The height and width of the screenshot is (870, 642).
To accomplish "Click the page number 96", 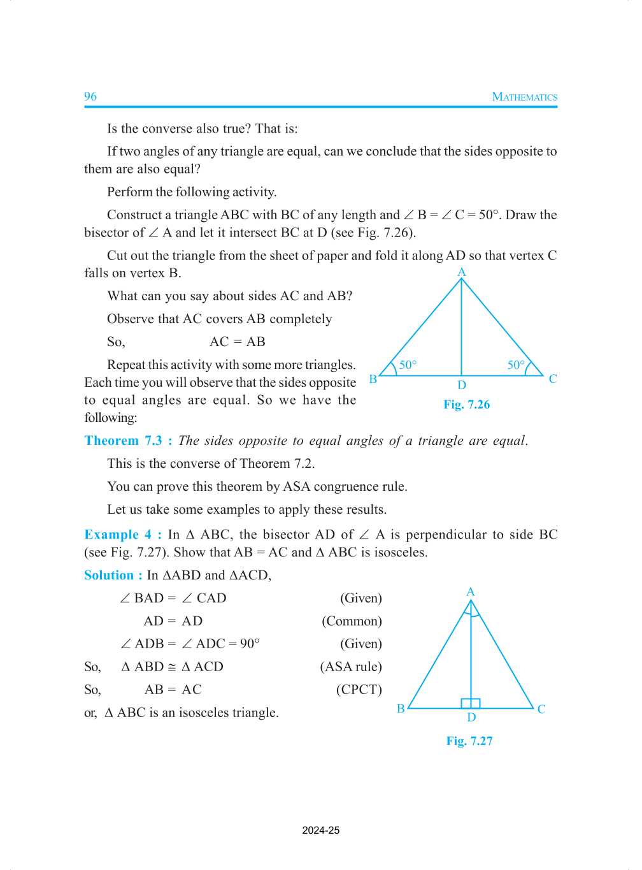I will [x=90, y=97].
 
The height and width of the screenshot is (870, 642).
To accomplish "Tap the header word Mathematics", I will [x=524, y=98].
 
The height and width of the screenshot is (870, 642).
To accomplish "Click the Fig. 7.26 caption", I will [x=466, y=405].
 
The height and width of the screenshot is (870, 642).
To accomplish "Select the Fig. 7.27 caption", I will [x=469, y=741].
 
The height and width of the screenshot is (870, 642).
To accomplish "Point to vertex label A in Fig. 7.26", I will [x=462, y=272].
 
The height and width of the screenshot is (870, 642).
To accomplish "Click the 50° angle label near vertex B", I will [x=408, y=365].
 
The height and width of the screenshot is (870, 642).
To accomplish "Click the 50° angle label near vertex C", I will [x=516, y=365].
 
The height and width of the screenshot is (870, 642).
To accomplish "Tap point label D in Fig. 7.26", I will [x=462, y=385].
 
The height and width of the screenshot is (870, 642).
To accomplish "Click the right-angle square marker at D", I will [x=471, y=703].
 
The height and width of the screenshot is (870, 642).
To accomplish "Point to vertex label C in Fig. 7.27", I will [x=541, y=709].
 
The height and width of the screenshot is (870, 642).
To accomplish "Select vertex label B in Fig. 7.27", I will [x=401, y=709].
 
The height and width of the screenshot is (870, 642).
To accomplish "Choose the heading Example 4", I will [x=118, y=535].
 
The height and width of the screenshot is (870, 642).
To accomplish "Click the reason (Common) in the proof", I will [x=352, y=621].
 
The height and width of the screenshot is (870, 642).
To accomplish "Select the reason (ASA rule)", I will [x=351, y=667].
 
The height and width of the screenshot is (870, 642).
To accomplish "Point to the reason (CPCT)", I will [x=359, y=690].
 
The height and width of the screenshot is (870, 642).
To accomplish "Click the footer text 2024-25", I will [x=321, y=830].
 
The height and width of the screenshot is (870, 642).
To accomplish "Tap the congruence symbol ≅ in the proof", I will [x=172, y=667].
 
